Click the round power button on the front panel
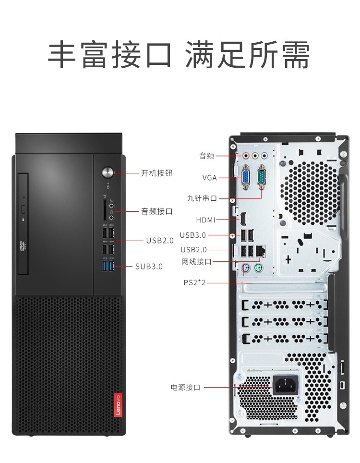click(108, 172)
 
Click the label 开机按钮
click(156, 173)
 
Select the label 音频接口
click(156, 211)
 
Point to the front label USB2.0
click(160, 241)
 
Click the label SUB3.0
click(149, 266)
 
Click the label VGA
click(209, 178)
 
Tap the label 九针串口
click(202, 198)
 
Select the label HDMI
click(205, 220)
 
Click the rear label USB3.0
click(193, 235)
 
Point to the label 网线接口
click(196, 262)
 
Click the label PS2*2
click(194, 283)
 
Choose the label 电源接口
click(185, 388)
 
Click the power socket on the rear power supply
click(285, 385)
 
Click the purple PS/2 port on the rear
click(245, 268)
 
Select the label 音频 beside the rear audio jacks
click(206, 156)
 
